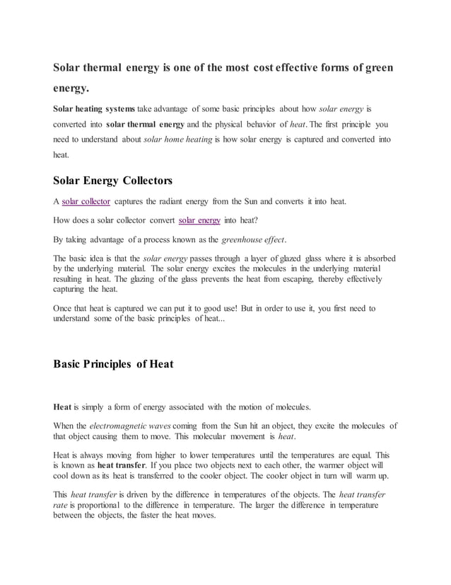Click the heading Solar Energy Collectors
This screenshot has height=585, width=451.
pos(113,180)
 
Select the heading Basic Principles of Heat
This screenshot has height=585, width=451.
pos(113,365)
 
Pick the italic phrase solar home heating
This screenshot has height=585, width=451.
pos(172,140)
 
